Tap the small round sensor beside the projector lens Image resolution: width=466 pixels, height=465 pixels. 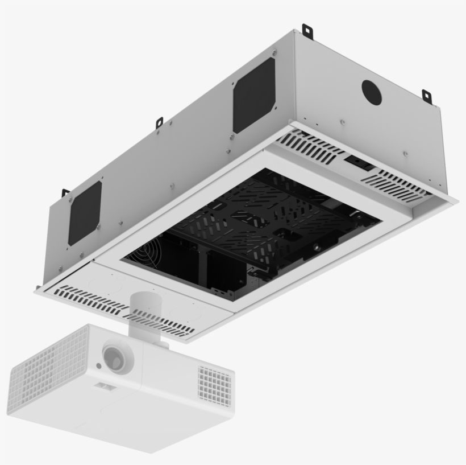click(99, 367)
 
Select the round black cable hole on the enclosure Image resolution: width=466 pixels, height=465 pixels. click(372, 91)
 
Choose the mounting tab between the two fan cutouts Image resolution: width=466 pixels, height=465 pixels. click(160, 122)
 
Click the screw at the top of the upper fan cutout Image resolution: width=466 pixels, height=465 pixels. click(274, 54)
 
